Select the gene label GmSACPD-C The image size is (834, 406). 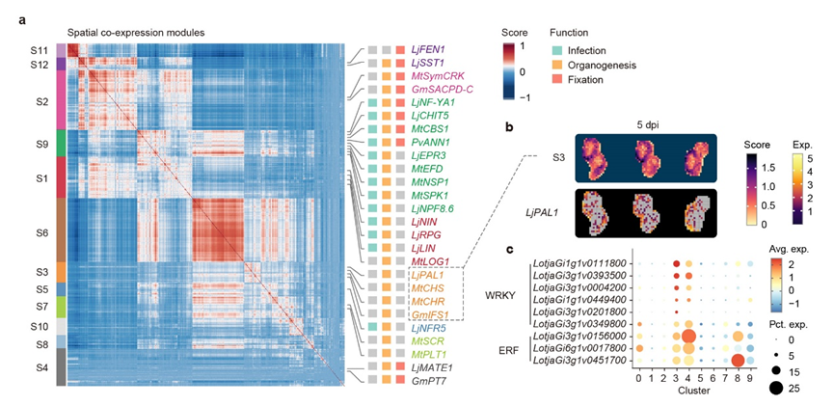tap(443, 89)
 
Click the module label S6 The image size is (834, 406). tap(41, 232)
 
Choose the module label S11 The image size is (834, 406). tap(40, 48)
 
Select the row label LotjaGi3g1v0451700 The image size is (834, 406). tap(579, 361)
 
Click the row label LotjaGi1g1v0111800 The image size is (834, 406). tap(579, 262)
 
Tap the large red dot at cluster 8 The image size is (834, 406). tap(738, 361)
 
